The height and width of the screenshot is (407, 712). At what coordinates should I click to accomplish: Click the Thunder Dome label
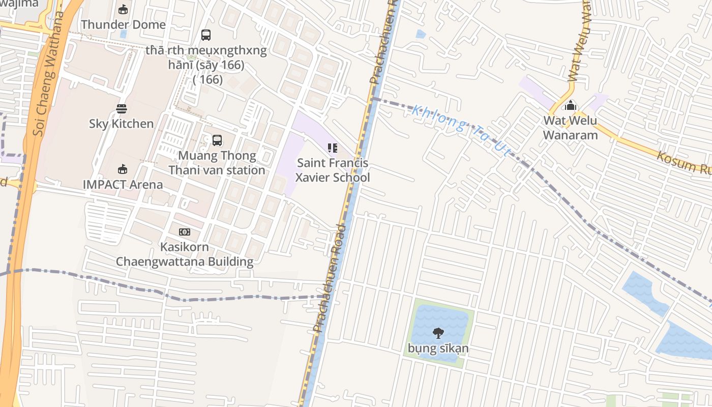point(123,24)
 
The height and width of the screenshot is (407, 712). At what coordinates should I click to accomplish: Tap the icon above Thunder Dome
point(123,9)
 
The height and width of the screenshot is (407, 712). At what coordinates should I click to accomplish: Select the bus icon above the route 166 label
point(205,35)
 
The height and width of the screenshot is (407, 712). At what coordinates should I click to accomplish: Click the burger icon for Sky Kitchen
point(121,108)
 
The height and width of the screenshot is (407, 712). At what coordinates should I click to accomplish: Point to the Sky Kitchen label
point(121,124)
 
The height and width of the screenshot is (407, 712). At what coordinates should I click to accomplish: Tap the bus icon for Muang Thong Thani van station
point(217,140)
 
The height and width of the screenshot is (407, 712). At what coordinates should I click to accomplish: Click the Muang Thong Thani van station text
point(217,163)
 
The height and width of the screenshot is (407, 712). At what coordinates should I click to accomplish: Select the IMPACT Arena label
point(123,185)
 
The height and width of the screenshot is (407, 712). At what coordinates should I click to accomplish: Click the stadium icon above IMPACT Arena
point(122,169)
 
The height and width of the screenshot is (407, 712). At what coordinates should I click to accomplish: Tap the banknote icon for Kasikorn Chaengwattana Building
point(184,232)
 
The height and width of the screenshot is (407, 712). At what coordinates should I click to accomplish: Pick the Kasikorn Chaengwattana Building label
point(184,254)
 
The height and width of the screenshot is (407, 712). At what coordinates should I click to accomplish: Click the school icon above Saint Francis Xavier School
point(332,148)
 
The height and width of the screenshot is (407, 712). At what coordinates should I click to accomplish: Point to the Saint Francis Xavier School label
point(333,170)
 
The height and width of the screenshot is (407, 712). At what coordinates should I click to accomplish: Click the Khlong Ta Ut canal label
point(461,130)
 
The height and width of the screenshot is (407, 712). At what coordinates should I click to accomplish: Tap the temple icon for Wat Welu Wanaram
point(570,106)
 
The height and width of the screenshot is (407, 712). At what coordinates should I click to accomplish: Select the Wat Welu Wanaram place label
point(570,128)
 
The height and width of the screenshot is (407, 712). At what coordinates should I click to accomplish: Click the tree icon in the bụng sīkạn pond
point(438,333)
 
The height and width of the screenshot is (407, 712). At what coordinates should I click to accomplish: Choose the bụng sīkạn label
point(438,348)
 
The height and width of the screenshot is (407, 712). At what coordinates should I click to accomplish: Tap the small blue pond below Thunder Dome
point(123,35)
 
